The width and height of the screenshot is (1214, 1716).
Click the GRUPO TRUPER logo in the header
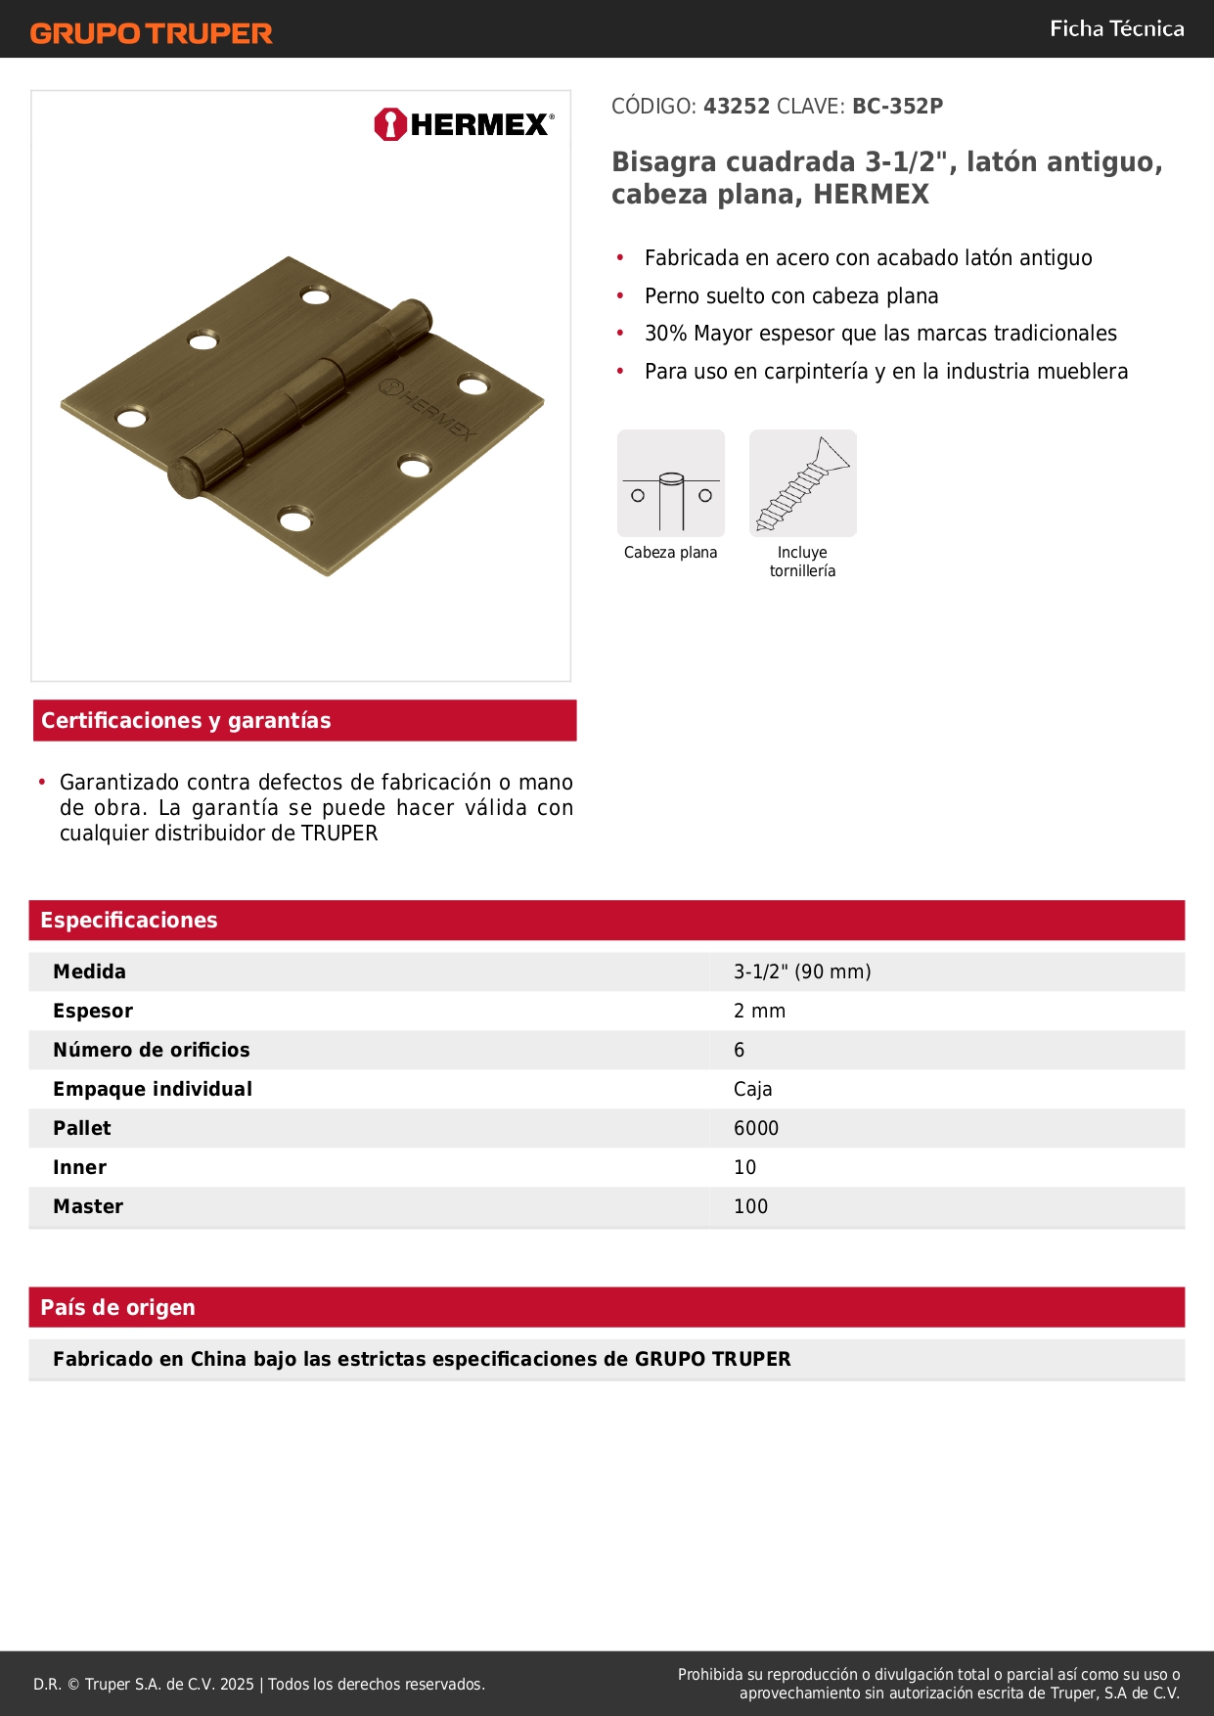tap(151, 33)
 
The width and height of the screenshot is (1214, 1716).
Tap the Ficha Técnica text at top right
tap(1116, 29)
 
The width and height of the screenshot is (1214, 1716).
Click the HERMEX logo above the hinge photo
tap(464, 124)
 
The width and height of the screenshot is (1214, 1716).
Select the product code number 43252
tap(737, 107)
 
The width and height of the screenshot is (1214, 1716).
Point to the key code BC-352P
tap(897, 107)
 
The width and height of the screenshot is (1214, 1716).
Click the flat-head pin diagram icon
tap(671, 483)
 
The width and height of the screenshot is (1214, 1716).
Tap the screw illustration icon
tap(802, 483)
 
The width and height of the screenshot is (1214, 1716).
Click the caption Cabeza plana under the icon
tap(670, 553)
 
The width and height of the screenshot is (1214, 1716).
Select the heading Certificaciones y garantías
tap(186, 721)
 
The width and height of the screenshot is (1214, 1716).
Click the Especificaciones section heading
tap(129, 921)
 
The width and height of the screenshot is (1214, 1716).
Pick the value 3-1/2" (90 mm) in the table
tap(802, 971)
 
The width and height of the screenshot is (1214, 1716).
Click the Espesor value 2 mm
tap(759, 1011)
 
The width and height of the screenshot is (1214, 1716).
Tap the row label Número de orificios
tap(152, 1050)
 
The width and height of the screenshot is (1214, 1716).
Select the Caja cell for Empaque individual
tap(752, 1089)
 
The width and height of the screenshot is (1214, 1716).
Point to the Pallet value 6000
tap(756, 1128)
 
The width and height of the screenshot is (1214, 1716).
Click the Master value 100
tap(750, 1206)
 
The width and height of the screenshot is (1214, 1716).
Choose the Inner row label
tap(80, 1167)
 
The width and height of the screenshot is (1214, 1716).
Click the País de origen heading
tap(117, 1308)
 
